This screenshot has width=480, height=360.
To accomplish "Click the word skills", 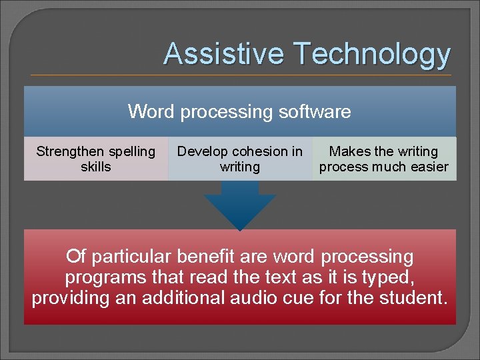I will tap(96, 167).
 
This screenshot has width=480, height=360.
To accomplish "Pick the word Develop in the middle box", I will tap(201, 152).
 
